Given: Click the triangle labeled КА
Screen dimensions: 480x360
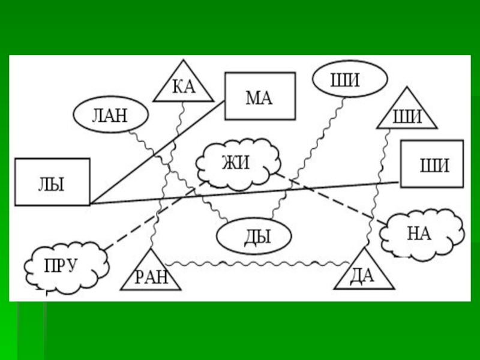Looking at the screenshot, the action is (183, 87).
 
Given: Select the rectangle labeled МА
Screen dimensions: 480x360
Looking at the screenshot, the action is (260, 96).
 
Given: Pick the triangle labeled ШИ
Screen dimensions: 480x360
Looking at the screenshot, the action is (407, 112).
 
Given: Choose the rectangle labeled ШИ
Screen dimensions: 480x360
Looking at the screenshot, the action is (432, 164).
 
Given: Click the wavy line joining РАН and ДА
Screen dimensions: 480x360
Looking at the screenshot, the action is (258, 263).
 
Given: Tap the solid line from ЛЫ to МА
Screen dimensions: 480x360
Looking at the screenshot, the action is (157, 152).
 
